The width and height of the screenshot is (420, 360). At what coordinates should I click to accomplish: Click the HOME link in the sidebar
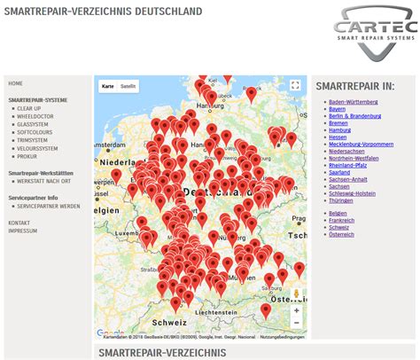click(x=16, y=83)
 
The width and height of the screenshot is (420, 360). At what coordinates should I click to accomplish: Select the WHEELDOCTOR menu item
click(x=35, y=115)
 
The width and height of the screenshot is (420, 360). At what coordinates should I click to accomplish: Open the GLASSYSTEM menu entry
click(x=33, y=124)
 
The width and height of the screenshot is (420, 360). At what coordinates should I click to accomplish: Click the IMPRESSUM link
click(x=22, y=231)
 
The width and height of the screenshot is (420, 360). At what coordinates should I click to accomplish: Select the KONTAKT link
click(x=19, y=223)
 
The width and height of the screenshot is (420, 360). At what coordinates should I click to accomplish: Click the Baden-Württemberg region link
click(x=354, y=102)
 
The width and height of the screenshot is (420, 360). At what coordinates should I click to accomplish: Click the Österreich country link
click(x=342, y=234)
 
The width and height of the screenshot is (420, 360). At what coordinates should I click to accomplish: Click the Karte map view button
click(x=108, y=86)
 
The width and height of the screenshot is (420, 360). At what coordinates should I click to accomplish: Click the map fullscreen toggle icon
click(x=297, y=86)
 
